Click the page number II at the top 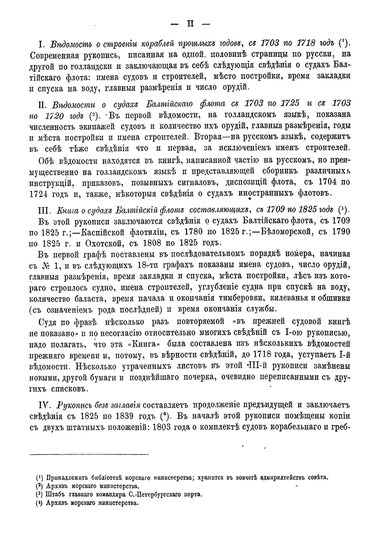tap(189, 23)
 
